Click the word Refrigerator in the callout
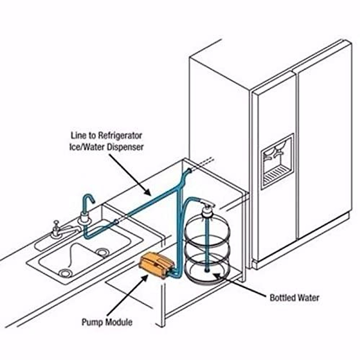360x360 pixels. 120,136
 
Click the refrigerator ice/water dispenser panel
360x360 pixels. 277,161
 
